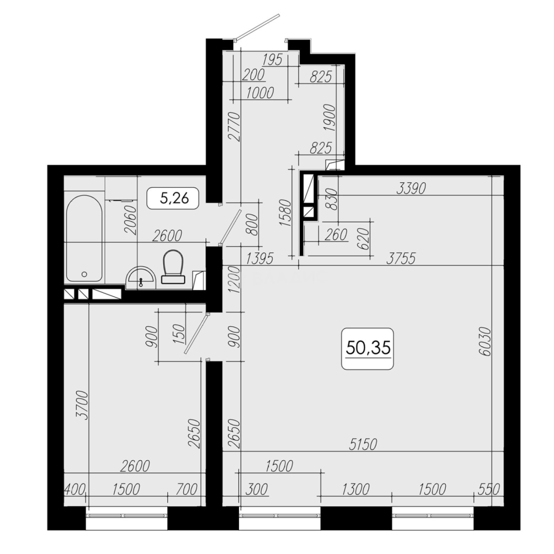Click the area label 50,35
368,348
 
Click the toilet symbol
172,266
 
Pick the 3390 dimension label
411,189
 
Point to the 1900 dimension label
329,119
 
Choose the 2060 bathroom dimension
131,220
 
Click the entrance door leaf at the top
258,27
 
